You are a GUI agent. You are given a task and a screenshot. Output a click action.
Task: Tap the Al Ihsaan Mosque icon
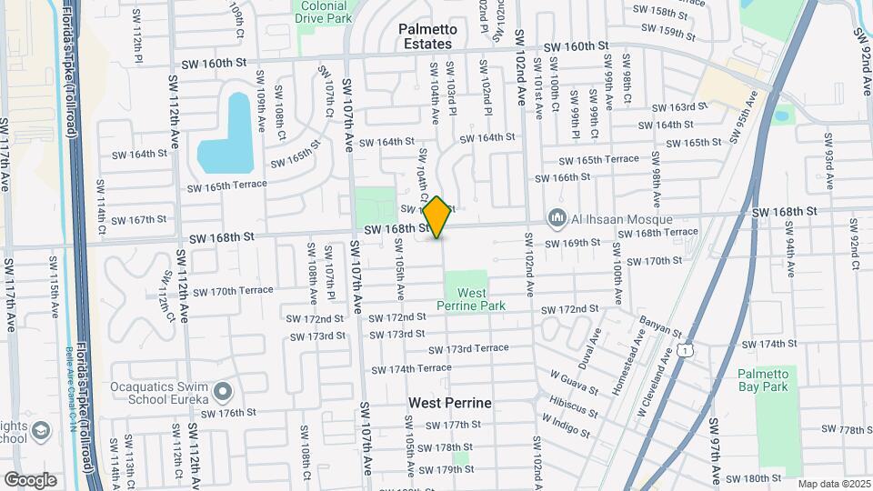(555, 219)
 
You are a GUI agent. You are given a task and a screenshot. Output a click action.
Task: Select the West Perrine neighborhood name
(449, 402)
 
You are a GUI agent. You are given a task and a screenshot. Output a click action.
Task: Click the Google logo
(30, 479)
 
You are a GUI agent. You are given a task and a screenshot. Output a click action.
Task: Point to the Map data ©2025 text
(833, 484)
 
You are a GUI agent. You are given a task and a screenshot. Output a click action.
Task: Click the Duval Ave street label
(595, 344)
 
